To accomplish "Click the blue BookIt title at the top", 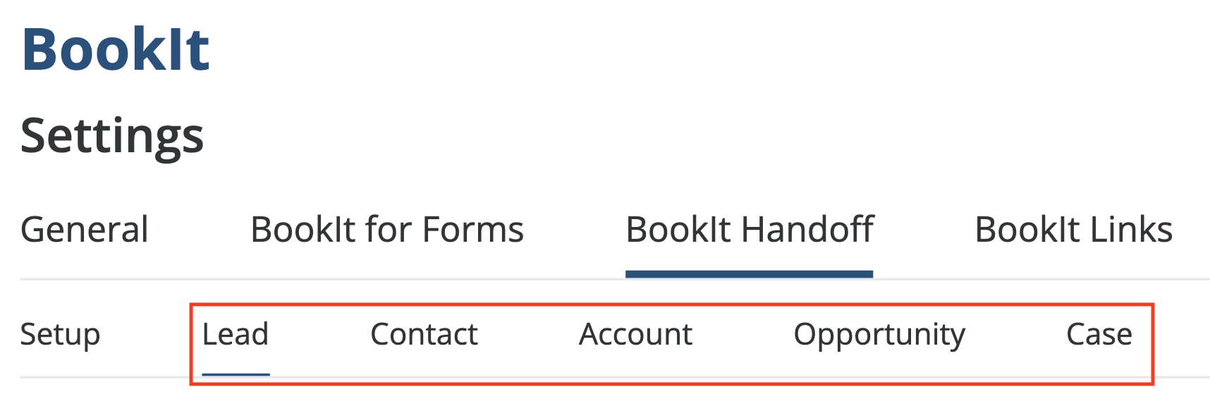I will [116, 49].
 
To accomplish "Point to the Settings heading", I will [112, 135].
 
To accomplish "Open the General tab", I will [85, 230].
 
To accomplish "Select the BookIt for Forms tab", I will [387, 230].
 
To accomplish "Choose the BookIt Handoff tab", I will [750, 230].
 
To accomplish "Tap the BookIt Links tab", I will [1073, 230].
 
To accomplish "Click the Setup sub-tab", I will [60, 335].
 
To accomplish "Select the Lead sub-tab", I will [236, 335].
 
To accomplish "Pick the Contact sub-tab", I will [424, 335].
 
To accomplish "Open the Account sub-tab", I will [635, 335].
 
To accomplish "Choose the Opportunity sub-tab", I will [879, 335].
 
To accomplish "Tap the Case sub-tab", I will [1099, 335].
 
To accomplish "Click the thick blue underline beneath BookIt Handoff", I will [750, 274].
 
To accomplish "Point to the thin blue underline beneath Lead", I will [236, 374].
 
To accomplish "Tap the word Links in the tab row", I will [1132, 230].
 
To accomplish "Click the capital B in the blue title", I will [40, 49].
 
